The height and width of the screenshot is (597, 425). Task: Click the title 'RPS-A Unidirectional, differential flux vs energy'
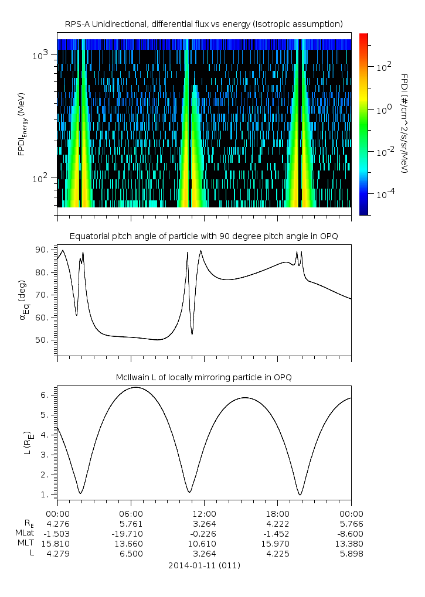point(203,24)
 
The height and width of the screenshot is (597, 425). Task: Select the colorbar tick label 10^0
point(383,110)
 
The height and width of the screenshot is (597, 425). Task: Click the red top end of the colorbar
point(363,36)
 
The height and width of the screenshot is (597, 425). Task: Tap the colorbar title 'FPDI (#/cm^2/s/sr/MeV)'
point(404,123)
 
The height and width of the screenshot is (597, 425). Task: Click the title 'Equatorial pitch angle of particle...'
point(204,236)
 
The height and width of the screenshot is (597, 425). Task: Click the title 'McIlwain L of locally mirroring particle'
point(204,377)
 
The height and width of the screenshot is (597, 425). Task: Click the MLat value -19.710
point(131,534)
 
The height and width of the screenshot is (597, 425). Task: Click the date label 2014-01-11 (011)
point(204,565)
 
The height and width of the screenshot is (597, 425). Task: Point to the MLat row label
point(25,534)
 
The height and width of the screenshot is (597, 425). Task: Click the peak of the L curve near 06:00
point(135,387)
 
